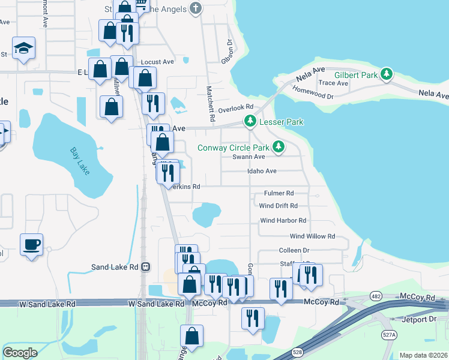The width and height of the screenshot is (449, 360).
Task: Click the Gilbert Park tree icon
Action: pyautogui.click(x=388, y=74)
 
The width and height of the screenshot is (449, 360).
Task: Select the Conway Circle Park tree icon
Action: pyautogui.click(x=278, y=146)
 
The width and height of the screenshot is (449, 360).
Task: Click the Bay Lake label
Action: pyautogui.click(x=79, y=161)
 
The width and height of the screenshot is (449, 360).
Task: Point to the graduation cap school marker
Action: pyautogui.click(x=24, y=48)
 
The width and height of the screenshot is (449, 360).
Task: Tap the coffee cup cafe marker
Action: pyautogui.click(x=32, y=245)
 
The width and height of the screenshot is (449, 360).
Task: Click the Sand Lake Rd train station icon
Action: pyautogui.click(x=145, y=267)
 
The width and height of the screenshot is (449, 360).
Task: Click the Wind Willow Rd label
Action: pyautogui.click(x=312, y=236)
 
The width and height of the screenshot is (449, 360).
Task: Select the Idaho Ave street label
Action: pyautogui.click(x=262, y=171)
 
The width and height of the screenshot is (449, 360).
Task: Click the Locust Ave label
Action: pyautogui.click(x=157, y=62)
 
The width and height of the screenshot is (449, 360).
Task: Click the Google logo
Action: pyautogui.click(x=20, y=352)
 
